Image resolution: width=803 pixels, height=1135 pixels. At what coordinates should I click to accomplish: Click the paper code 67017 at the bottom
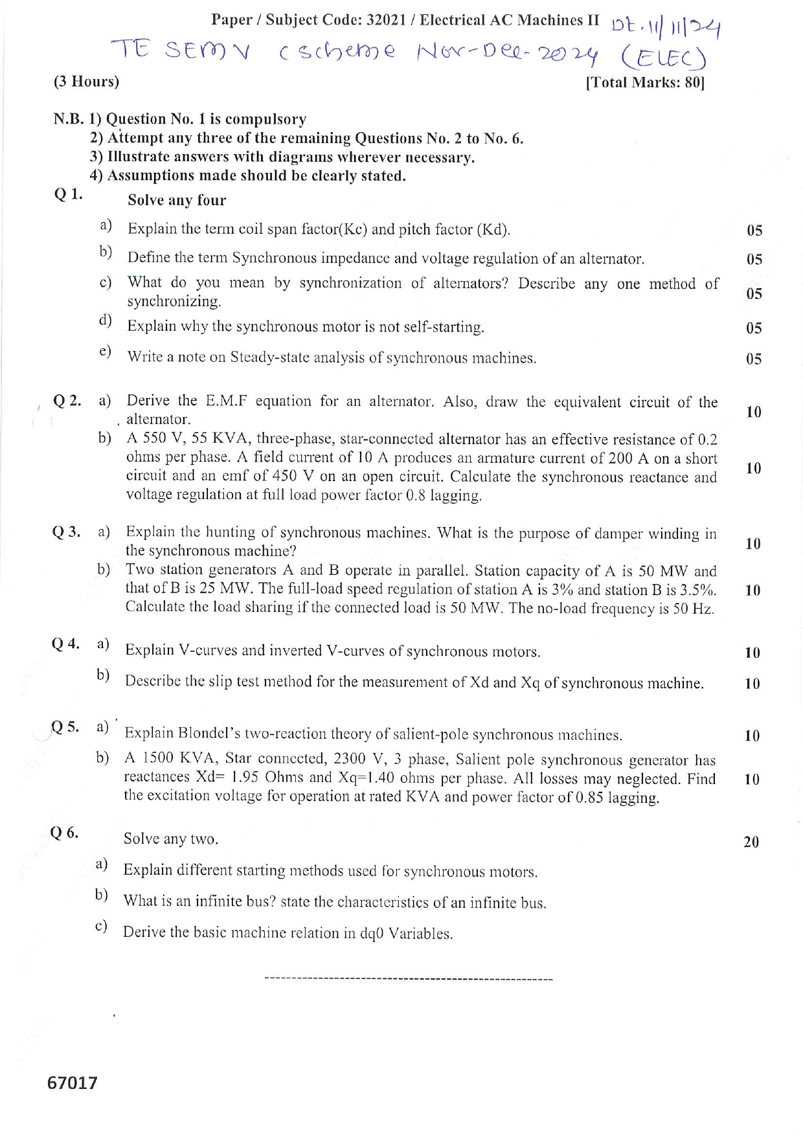[x=72, y=1083]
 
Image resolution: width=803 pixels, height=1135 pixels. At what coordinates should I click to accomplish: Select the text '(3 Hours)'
[x=86, y=82]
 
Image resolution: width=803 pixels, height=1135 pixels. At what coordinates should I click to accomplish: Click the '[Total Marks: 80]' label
[x=644, y=83]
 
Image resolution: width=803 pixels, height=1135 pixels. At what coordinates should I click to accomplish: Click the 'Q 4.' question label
[x=65, y=644]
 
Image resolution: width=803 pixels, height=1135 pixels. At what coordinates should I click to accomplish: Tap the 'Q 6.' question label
[x=64, y=833]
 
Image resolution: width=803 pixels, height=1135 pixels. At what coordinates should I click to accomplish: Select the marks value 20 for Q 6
[x=751, y=842]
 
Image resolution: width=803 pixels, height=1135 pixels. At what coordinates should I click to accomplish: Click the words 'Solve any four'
[x=177, y=201]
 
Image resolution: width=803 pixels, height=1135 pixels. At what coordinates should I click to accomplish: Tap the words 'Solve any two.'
[x=171, y=839]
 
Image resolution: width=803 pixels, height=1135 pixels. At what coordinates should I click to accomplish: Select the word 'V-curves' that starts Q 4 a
[x=207, y=650]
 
